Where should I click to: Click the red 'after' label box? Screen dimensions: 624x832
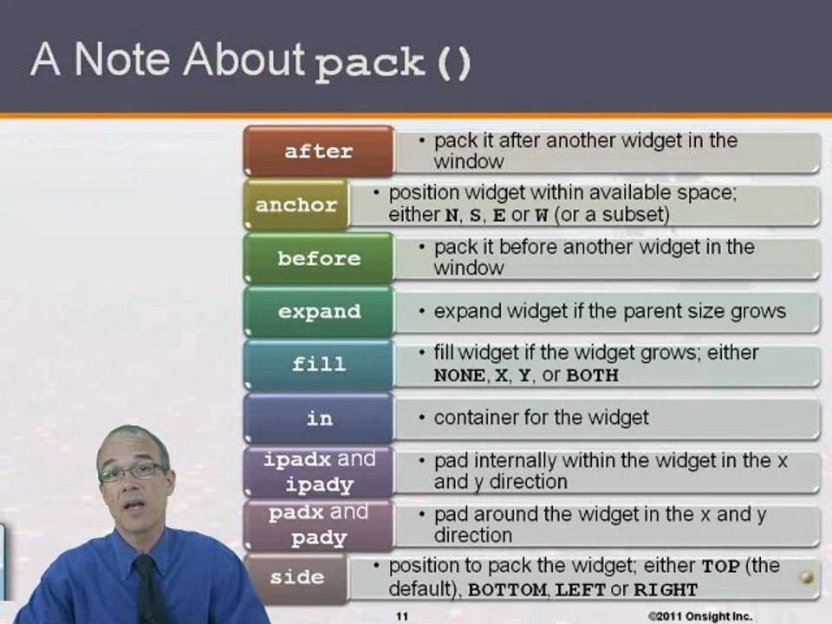tap(319, 151)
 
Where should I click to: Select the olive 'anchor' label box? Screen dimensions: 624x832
tap(296, 205)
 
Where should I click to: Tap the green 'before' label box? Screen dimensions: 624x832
tap(319, 258)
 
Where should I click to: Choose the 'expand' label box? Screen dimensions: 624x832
tap(319, 312)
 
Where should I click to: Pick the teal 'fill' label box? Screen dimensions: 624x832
tap(319, 365)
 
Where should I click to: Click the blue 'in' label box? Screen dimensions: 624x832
tap(319, 419)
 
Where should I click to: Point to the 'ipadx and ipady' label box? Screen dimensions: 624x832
tap(319, 471)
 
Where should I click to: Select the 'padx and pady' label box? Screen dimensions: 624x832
tap(319, 524)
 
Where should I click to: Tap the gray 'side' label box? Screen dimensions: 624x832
tap(296, 577)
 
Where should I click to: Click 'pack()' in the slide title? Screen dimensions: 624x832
tap(393, 65)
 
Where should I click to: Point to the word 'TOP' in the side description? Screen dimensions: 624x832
tap(720, 567)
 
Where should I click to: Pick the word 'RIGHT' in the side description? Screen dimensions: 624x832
tap(666, 590)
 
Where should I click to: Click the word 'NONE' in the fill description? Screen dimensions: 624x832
tap(459, 376)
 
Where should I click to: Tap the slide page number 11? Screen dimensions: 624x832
tap(402, 616)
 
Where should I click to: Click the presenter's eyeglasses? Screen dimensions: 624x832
tap(132, 472)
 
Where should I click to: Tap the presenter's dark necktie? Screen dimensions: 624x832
tap(150, 589)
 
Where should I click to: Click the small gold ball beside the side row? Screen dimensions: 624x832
tap(807, 577)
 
